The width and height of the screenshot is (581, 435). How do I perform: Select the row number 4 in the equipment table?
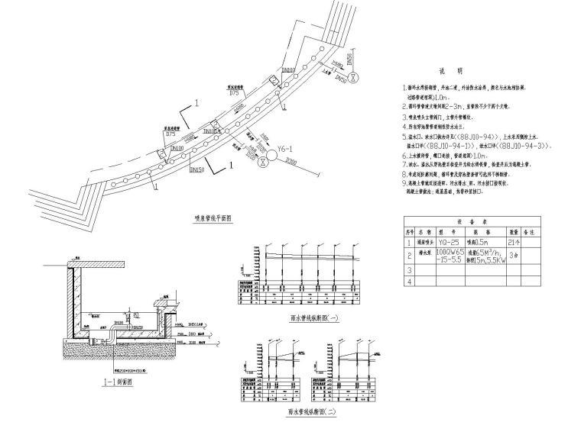click(409, 281)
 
